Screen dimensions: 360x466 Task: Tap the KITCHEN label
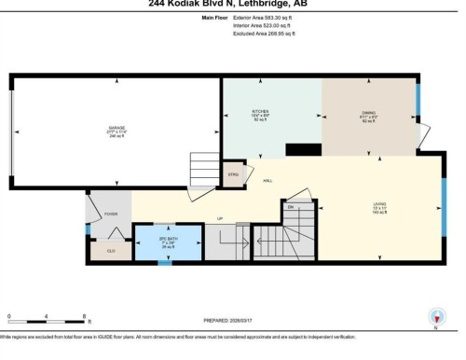[260, 112]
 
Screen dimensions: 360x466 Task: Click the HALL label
[267, 180]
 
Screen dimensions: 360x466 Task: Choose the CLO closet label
[111, 250]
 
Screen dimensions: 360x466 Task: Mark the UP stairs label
[220, 219]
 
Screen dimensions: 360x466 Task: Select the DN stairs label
[291, 206]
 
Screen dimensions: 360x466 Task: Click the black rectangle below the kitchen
[303, 149]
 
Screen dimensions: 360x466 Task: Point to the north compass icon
[435, 317]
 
